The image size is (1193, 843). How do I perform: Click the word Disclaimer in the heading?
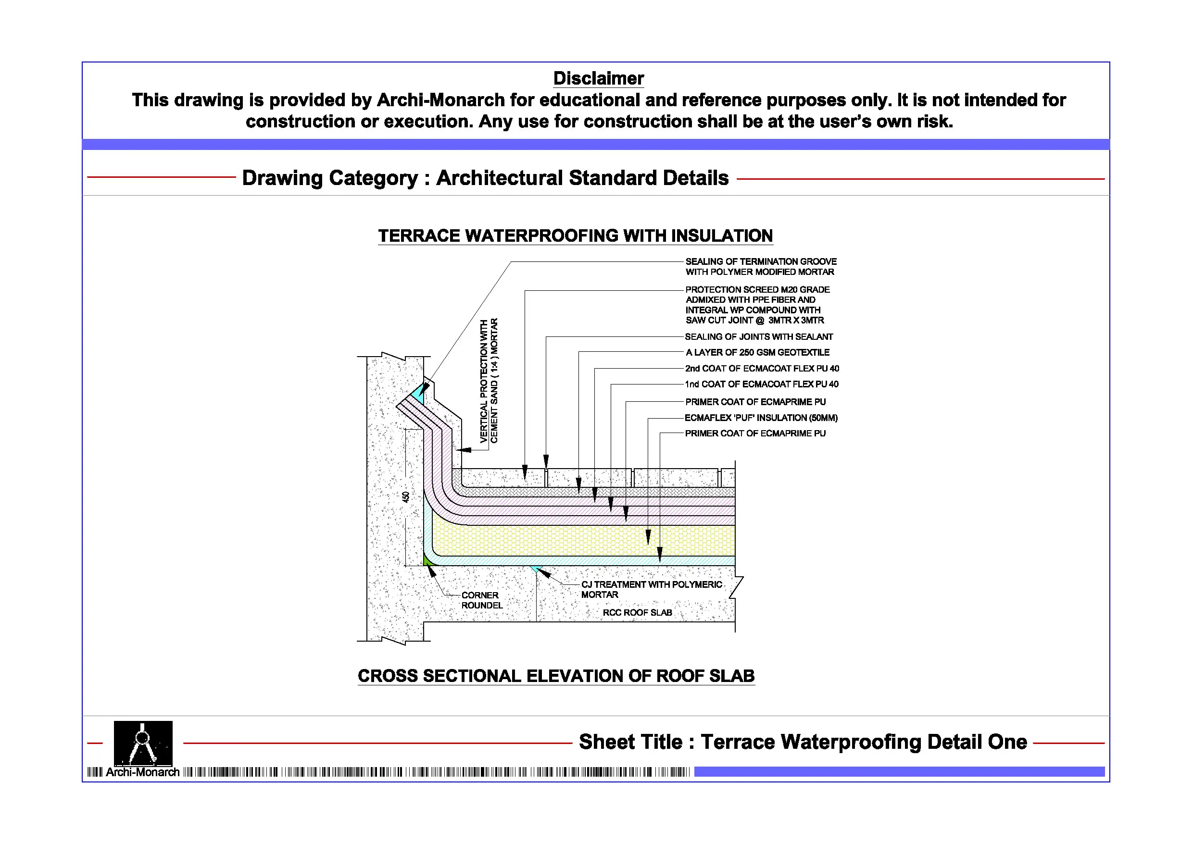point(598,78)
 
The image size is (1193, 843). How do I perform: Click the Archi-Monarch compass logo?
point(143,743)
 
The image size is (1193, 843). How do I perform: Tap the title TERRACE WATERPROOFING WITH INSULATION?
point(575,236)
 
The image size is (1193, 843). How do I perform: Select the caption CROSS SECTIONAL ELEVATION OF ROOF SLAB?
point(556,676)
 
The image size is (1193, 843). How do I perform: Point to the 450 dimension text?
point(406,496)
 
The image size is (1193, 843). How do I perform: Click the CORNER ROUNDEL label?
point(482,600)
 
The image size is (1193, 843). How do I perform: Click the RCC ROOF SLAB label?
point(637,613)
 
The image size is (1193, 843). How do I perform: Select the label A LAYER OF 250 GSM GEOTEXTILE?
point(757,353)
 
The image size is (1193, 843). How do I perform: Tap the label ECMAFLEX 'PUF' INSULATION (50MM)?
point(761,418)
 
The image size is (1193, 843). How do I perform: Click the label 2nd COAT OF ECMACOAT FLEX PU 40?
point(762,369)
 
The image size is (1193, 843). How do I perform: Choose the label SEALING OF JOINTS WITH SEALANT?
point(759,337)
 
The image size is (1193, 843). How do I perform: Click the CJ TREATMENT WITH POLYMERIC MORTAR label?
point(651,590)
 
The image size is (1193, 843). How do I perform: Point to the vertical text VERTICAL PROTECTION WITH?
point(484,381)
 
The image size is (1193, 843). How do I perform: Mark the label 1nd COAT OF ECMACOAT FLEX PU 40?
point(761,384)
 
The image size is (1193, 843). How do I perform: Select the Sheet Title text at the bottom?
point(803,742)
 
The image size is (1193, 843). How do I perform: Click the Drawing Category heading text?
point(485,178)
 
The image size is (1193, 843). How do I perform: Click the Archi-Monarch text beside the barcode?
point(142,772)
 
